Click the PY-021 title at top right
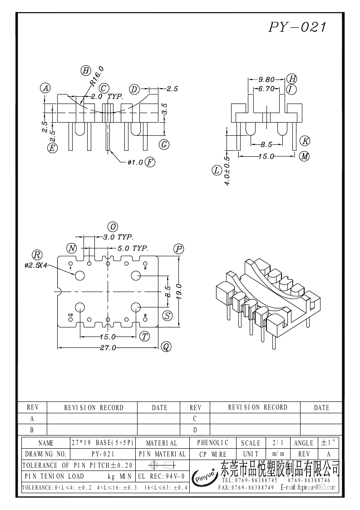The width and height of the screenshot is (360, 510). (297, 27)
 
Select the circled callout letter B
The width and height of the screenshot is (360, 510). (85, 70)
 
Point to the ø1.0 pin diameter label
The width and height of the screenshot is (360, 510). (135, 162)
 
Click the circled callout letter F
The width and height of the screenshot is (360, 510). (150, 162)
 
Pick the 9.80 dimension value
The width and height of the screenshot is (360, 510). (266, 79)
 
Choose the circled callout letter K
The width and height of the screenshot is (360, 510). (305, 140)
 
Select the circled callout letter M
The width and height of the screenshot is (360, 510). (304, 156)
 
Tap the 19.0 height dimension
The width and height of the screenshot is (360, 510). (178, 290)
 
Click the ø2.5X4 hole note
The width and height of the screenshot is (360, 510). (36, 266)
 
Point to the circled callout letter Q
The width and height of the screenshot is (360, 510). (166, 347)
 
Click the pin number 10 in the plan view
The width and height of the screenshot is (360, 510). (70, 315)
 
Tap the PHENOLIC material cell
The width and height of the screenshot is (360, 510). (213, 442)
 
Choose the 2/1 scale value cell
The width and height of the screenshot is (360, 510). (276, 442)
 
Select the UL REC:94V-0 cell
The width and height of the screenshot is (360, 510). (161, 476)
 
